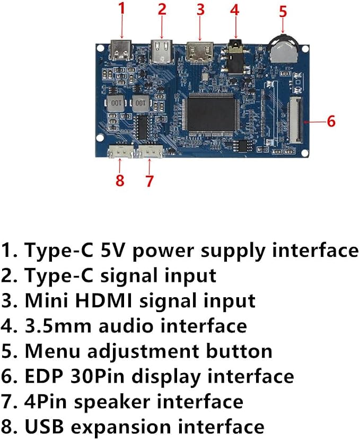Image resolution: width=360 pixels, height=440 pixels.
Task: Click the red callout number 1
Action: coord(121,8)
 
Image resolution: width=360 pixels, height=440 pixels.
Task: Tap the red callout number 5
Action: coord(283,12)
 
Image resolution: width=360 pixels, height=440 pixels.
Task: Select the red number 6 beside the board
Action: coord(331,122)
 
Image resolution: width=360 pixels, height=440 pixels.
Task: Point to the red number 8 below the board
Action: coord(120,180)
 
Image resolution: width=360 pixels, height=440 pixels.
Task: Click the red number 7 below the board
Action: coord(150,180)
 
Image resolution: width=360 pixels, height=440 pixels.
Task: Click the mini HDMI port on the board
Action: coord(200,52)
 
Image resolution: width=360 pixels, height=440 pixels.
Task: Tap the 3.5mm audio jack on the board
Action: coord(235,57)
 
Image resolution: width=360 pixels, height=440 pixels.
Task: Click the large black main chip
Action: coord(211,113)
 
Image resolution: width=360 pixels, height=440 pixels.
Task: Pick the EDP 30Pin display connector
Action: coord(294,119)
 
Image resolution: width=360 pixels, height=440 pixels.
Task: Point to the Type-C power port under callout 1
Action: coord(121,50)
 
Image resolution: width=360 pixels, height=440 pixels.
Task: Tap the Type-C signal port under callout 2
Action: coord(162,52)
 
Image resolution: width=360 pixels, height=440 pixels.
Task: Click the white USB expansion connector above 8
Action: coord(120,152)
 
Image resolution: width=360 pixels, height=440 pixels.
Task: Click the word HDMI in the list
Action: coord(103,300)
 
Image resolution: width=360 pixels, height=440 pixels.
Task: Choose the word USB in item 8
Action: coord(45,427)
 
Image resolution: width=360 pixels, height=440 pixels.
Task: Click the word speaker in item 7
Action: coord(112,402)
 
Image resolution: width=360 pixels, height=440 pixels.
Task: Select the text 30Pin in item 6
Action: coord(97,376)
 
